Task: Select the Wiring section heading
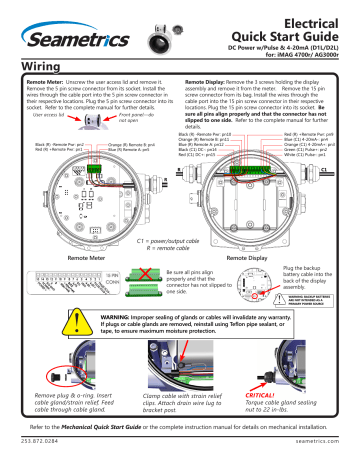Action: [32, 63]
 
